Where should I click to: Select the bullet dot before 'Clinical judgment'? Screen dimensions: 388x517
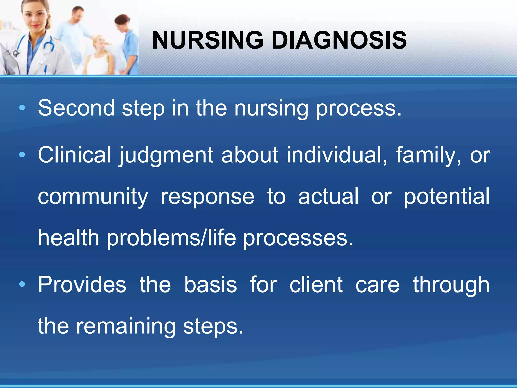22,154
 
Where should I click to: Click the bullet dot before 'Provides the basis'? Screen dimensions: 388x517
22,284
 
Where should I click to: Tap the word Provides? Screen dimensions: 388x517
82,284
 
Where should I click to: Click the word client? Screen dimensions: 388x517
316,284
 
